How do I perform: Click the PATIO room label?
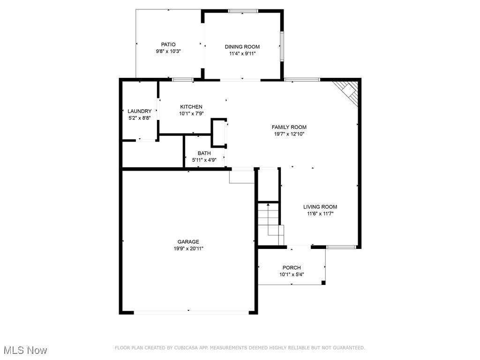(168, 45)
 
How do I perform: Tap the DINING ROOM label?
(242, 47)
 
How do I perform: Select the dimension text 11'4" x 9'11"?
(242, 54)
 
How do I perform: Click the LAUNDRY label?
(139, 111)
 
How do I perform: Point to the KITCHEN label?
(191, 107)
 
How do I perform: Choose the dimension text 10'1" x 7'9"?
(191, 113)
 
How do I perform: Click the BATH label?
(204, 153)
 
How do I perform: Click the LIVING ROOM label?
(320, 207)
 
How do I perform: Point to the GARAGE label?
(188, 242)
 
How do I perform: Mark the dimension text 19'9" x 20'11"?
(188, 248)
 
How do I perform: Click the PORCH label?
(292, 268)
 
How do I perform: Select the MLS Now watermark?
(25, 350)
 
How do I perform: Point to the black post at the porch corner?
(323, 283)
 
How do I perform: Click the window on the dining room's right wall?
(282, 46)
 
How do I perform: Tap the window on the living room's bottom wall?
(341, 247)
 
